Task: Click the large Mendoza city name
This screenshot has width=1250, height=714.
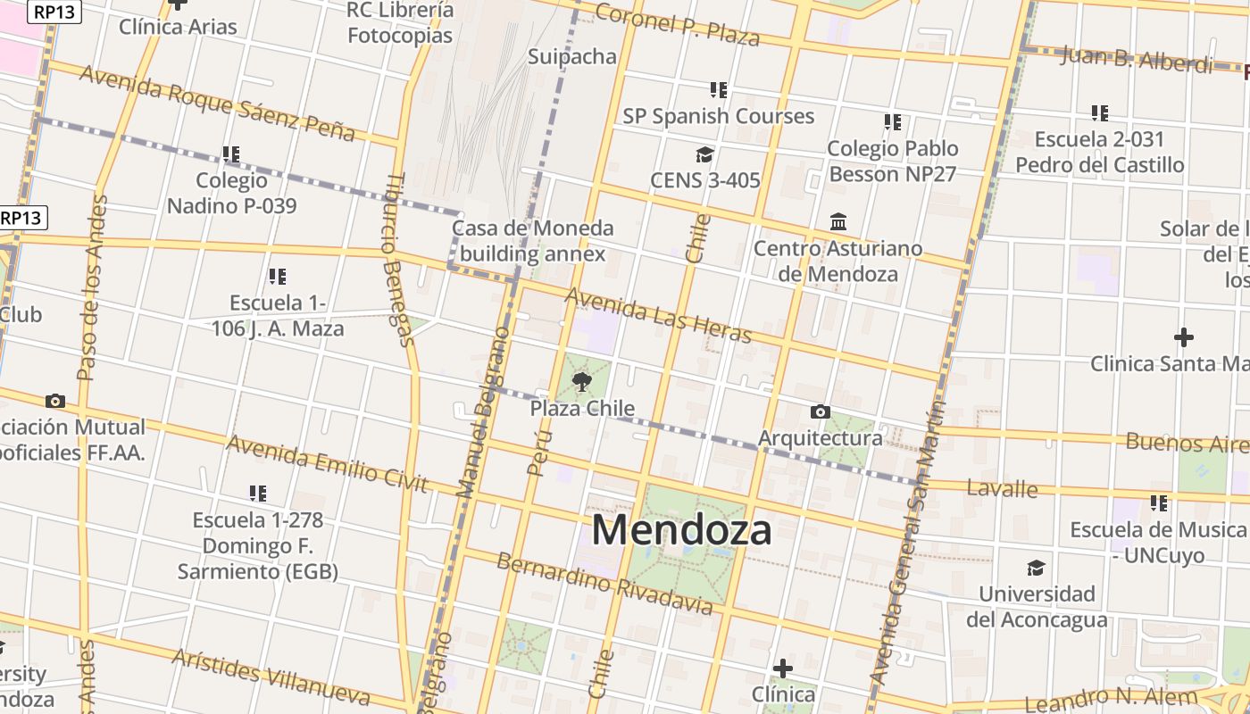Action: [681, 530]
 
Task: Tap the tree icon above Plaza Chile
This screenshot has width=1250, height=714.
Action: [582, 383]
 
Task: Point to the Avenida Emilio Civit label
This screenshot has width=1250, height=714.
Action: [327, 462]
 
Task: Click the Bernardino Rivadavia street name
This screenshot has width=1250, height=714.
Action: [604, 585]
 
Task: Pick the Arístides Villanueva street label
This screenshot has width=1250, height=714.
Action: [270, 676]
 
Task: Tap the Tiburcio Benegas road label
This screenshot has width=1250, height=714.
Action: [398, 259]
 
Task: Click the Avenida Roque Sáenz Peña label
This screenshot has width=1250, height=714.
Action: [217, 103]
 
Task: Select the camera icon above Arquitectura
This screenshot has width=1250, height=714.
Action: [820, 411]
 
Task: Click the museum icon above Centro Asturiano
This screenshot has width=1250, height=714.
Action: [838, 221]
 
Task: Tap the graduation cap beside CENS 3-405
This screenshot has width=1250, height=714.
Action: [704, 155]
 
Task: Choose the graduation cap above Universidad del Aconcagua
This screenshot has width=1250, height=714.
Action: [1036, 568]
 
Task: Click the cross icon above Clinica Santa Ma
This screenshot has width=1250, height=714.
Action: [1183, 337]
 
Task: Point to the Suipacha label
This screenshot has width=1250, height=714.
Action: [572, 56]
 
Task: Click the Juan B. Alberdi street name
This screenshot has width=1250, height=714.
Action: [1137, 60]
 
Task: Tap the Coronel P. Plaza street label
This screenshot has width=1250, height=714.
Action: [677, 24]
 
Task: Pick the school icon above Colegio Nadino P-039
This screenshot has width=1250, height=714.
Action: [231, 154]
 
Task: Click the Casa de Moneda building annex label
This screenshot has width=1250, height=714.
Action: [533, 241]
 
